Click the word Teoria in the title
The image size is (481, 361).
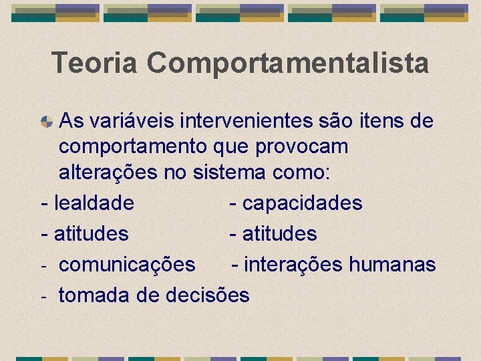click(95, 64)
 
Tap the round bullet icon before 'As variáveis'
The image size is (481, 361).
click(47, 122)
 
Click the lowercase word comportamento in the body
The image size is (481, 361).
click(132, 147)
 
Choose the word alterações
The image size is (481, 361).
click(108, 172)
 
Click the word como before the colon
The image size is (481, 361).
click(298, 172)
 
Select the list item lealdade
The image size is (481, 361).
click(94, 203)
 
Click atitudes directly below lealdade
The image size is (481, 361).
click(91, 234)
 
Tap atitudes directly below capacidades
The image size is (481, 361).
click(279, 234)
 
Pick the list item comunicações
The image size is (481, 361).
click(127, 265)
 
